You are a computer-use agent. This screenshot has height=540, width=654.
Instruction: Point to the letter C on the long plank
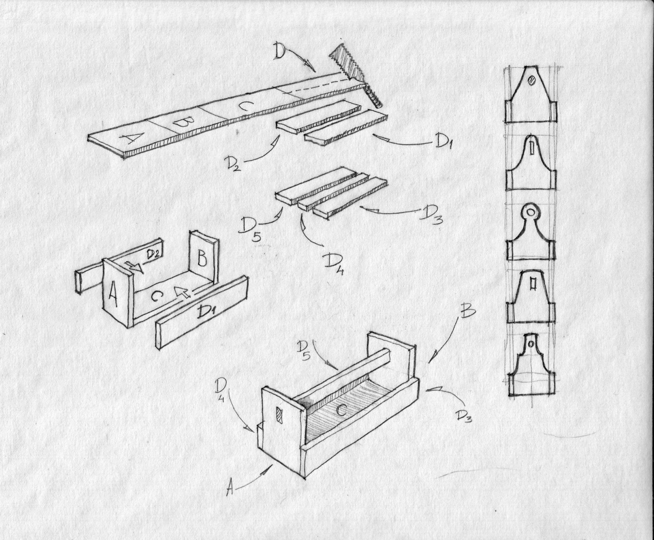point(244,106)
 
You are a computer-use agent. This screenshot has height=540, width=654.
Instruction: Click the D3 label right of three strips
point(431,215)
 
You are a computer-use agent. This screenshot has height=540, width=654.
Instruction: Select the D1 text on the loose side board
point(207,310)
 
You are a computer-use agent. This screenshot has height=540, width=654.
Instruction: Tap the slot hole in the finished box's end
point(279,414)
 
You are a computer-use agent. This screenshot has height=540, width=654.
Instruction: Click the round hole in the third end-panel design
point(531,211)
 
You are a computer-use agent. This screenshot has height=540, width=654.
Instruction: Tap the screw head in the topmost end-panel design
point(531,80)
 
